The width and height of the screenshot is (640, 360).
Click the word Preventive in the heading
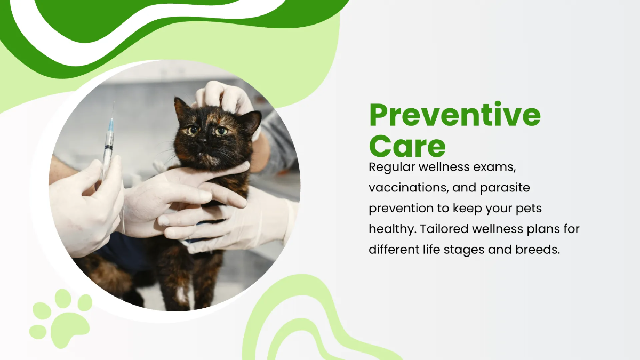pos(454,115)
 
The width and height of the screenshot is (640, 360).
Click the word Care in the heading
pos(407,146)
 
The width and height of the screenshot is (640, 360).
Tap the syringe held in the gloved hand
pos(108,141)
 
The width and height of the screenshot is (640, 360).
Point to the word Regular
pos(391,167)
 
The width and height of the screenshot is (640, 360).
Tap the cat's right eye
pos(193,130)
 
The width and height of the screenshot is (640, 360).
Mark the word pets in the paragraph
pos(526,209)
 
